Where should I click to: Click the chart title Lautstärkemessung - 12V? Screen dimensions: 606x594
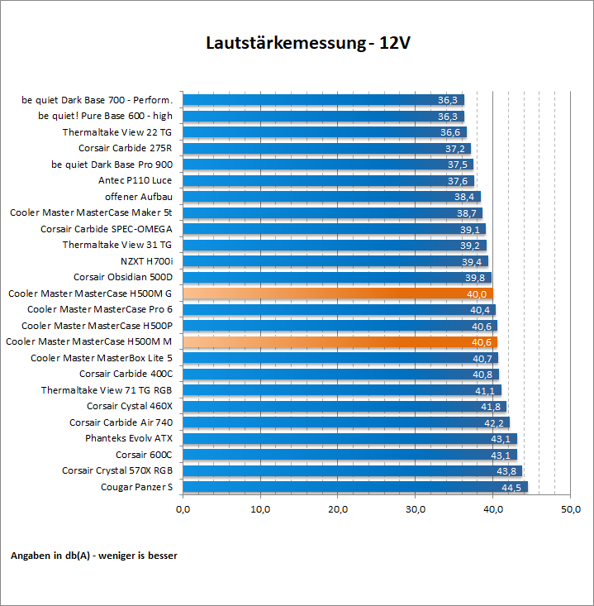307,43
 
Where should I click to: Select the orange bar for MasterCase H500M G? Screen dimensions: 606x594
337,293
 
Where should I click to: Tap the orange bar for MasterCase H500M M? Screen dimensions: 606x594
339,341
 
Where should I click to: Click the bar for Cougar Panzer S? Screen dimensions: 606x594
354,487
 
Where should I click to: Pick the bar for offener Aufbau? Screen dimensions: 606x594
330,197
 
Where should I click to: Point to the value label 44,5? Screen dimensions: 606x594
511,487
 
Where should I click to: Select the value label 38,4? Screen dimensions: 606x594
466,197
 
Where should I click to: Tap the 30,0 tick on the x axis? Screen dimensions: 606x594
416,509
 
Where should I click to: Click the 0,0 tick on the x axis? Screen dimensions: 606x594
183,509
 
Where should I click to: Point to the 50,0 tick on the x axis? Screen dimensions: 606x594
570,509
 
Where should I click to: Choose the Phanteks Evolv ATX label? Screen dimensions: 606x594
129,438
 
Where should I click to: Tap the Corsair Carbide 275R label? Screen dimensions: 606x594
126,148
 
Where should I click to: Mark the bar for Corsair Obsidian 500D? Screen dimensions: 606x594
336,277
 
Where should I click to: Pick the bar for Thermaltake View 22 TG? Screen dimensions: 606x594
324,132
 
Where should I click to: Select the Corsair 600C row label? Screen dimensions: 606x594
144,455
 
